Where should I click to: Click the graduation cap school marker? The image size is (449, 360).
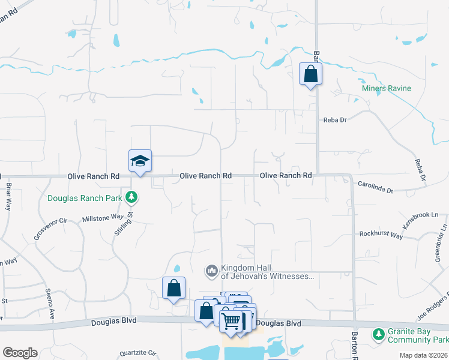click(x=140, y=161)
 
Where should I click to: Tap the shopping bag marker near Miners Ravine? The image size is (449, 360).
click(x=310, y=74)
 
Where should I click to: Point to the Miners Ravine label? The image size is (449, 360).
click(x=386, y=89)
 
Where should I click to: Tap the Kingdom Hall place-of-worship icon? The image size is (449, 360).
click(x=211, y=272)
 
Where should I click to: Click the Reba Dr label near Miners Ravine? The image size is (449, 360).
click(x=335, y=120)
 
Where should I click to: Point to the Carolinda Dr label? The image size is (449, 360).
click(x=375, y=188)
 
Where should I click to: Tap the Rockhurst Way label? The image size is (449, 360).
click(x=381, y=235)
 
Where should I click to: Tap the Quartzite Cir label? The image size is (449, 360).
click(x=137, y=353)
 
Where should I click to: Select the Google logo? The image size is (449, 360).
click(x=20, y=353)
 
